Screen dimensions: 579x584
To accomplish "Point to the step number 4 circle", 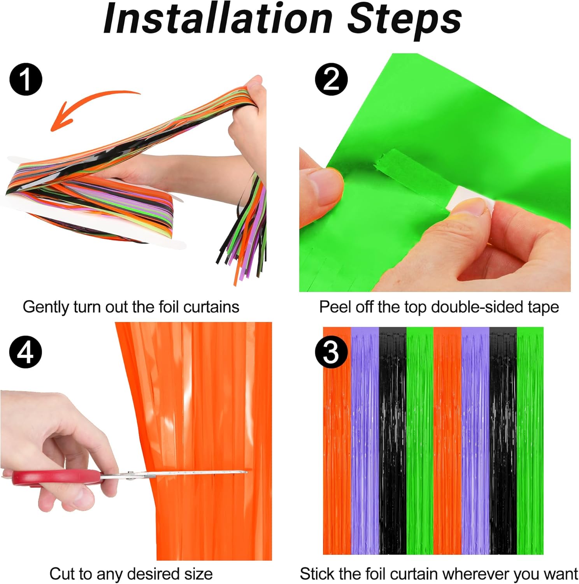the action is pyautogui.click(x=26, y=352).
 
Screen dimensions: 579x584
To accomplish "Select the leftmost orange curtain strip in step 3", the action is pyautogui.click(x=337, y=440).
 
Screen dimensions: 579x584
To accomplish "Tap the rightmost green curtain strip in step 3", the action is pyautogui.click(x=530, y=440).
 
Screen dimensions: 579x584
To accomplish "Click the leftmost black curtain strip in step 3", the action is pyautogui.click(x=393, y=440).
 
